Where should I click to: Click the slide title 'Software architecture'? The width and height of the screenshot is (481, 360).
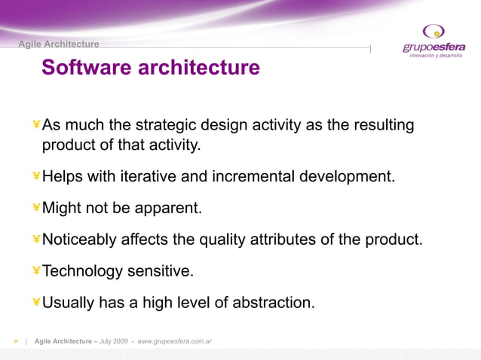[151, 68]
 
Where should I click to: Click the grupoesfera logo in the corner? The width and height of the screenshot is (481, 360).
[434, 41]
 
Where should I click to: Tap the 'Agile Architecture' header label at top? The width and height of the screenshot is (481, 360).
[59, 44]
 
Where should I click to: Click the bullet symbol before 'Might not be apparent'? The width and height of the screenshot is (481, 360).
[36, 208]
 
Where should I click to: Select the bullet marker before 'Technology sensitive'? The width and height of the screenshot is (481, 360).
[36, 271]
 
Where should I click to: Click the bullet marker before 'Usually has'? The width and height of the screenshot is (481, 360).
[36, 303]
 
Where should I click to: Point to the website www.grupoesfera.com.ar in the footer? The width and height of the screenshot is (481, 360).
[174, 341]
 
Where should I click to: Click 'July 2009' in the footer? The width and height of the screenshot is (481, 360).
[114, 341]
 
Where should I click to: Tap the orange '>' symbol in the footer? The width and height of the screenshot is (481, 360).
[15, 341]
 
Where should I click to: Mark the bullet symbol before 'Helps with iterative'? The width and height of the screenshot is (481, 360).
[36, 176]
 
